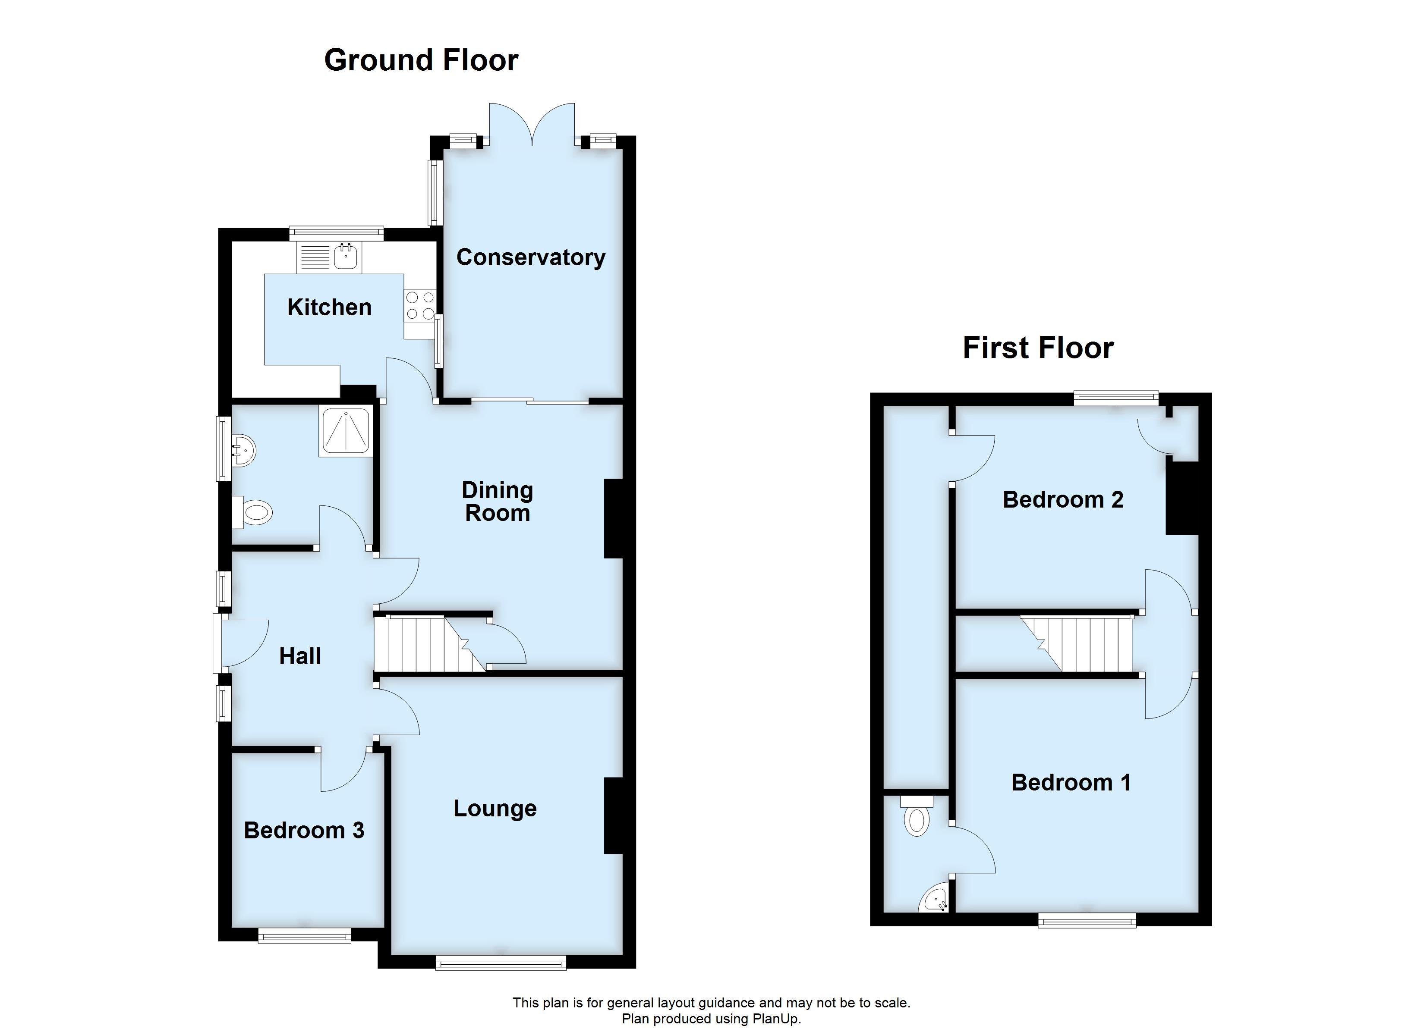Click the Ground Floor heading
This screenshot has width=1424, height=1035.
[x=421, y=61]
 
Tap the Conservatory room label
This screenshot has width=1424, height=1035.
[x=530, y=257]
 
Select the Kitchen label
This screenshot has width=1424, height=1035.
[x=329, y=307]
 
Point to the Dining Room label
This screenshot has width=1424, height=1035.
[x=497, y=502]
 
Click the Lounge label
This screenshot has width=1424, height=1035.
[x=495, y=809]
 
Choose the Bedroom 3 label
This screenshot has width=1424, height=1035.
[x=304, y=831]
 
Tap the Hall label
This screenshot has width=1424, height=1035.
[x=299, y=656]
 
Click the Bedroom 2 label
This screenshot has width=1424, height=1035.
[x=1062, y=500]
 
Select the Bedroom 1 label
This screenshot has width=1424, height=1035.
[x=1071, y=783]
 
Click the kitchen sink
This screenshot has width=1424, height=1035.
[x=346, y=257]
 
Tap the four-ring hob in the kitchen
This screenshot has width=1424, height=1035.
[x=420, y=304]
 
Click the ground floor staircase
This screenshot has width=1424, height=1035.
[x=427, y=644]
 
